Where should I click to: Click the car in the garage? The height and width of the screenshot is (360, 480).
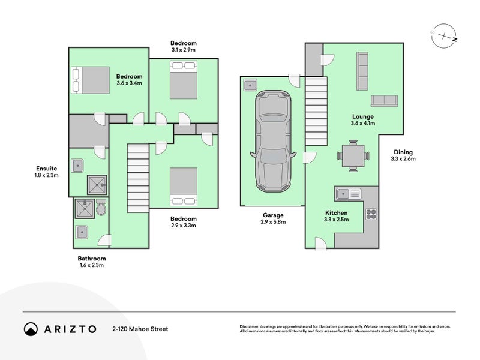[x=273, y=141]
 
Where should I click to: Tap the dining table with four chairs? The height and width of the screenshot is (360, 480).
[x=353, y=156]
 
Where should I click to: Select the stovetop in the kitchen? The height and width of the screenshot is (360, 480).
[x=371, y=214]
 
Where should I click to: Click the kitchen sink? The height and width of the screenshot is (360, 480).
[x=349, y=194]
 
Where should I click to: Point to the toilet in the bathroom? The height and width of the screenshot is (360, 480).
[x=101, y=207]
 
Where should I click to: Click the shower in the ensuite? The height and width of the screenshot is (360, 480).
[x=97, y=185]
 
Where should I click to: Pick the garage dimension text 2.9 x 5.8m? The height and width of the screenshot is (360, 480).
[x=273, y=222]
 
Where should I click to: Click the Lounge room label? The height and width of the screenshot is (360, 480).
[x=363, y=116]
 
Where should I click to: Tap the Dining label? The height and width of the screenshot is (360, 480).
[x=403, y=152]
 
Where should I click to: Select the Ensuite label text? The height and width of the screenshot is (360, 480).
[x=47, y=169]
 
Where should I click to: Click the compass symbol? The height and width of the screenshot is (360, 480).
[x=444, y=36]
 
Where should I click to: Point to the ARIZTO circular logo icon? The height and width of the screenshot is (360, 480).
[x=31, y=329]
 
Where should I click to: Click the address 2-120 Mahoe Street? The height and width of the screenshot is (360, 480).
[x=140, y=329]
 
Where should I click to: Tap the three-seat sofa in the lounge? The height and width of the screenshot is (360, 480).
[x=362, y=71]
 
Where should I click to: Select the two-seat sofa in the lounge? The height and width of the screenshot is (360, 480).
[x=385, y=101]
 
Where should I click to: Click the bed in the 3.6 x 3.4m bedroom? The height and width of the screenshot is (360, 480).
[x=91, y=80]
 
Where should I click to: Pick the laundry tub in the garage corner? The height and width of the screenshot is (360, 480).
[x=250, y=85]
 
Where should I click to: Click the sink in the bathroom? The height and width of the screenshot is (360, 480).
[x=82, y=232]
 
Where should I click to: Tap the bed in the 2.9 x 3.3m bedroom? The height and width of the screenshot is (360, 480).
[x=184, y=187]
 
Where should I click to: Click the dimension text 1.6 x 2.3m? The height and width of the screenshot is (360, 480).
[x=92, y=265]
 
